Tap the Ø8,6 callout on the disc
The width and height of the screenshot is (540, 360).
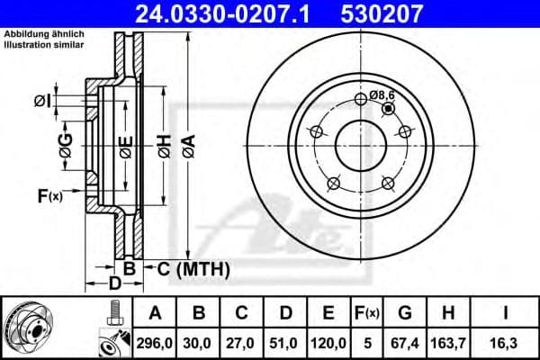383,94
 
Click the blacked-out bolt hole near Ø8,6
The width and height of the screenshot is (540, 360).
387,109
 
